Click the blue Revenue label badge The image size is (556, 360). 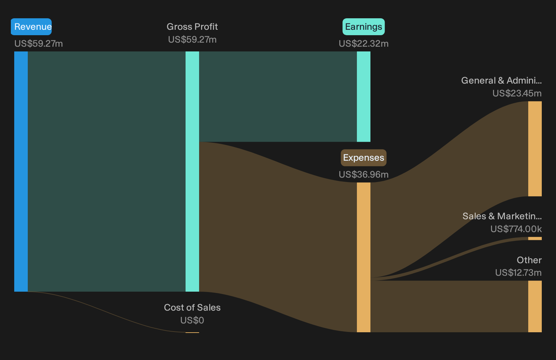[x=31, y=27]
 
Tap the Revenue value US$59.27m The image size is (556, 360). [x=39, y=44]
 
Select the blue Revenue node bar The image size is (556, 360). [x=21, y=172]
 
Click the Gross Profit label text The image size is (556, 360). [x=192, y=27]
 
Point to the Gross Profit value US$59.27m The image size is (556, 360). [x=192, y=40]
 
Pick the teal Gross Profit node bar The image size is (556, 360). [x=192, y=172]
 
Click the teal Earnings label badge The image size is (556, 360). [x=364, y=27]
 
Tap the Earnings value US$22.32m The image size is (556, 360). [x=364, y=44]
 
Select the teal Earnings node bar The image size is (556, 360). [x=364, y=96]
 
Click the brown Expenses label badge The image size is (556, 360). [x=364, y=158]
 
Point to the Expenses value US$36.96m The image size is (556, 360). [x=364, y=175]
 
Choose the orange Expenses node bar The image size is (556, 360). [x=364, y=257]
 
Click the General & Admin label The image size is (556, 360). [x=501, y=81]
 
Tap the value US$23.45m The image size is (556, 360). [x=517, y=93]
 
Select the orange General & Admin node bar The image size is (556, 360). [x=535, y=149]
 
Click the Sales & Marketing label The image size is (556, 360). [x=502, y=216]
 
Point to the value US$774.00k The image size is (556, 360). [x=516, y=229]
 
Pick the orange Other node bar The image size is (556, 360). [x=535, y=307]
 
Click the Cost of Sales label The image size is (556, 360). [x=192, y=308]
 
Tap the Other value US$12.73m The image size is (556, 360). [x=518, y=273]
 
